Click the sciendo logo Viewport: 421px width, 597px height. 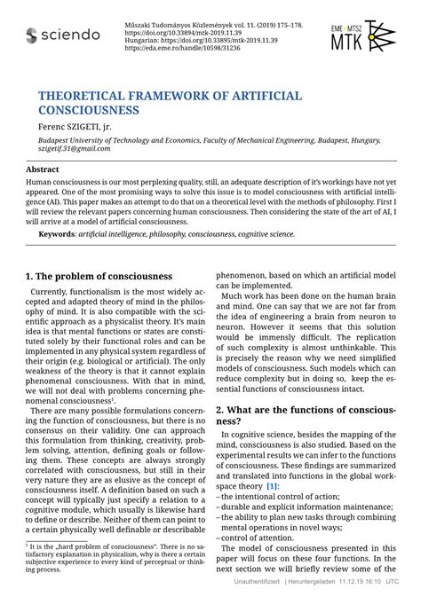point(63,35)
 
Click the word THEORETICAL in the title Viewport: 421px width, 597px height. point(86,95)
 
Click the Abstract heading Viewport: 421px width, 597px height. point(43,169)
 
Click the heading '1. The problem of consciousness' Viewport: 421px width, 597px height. point(98,276)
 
